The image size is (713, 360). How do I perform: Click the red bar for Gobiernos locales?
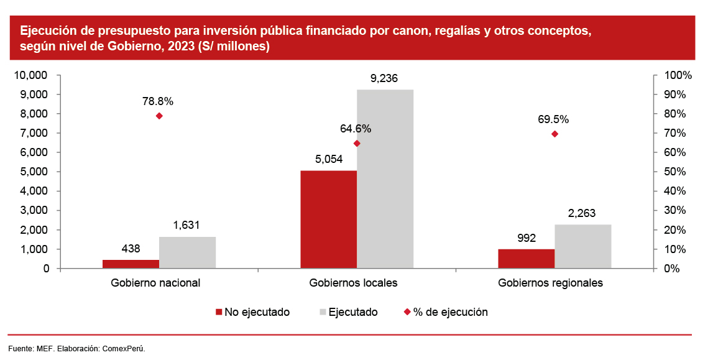[328, 219]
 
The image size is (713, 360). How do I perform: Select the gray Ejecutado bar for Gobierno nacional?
[187, 252]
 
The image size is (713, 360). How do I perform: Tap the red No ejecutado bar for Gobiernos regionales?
[526, 259]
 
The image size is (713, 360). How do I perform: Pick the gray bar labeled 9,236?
[385, 179]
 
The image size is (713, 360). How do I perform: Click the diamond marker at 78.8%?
[159, 116]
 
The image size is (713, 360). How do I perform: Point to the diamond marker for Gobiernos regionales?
[554, 134]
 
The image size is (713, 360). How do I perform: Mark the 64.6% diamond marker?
[357, 144]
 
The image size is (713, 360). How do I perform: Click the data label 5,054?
[328, 159]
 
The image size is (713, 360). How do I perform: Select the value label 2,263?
[582, 213]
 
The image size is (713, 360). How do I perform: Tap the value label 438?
[130, 248]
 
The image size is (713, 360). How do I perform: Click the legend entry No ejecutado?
[252, 312]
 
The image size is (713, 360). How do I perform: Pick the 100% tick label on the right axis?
[678, 75]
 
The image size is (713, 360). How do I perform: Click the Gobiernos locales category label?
[353, 283]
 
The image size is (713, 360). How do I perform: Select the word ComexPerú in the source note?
[125, 348]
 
